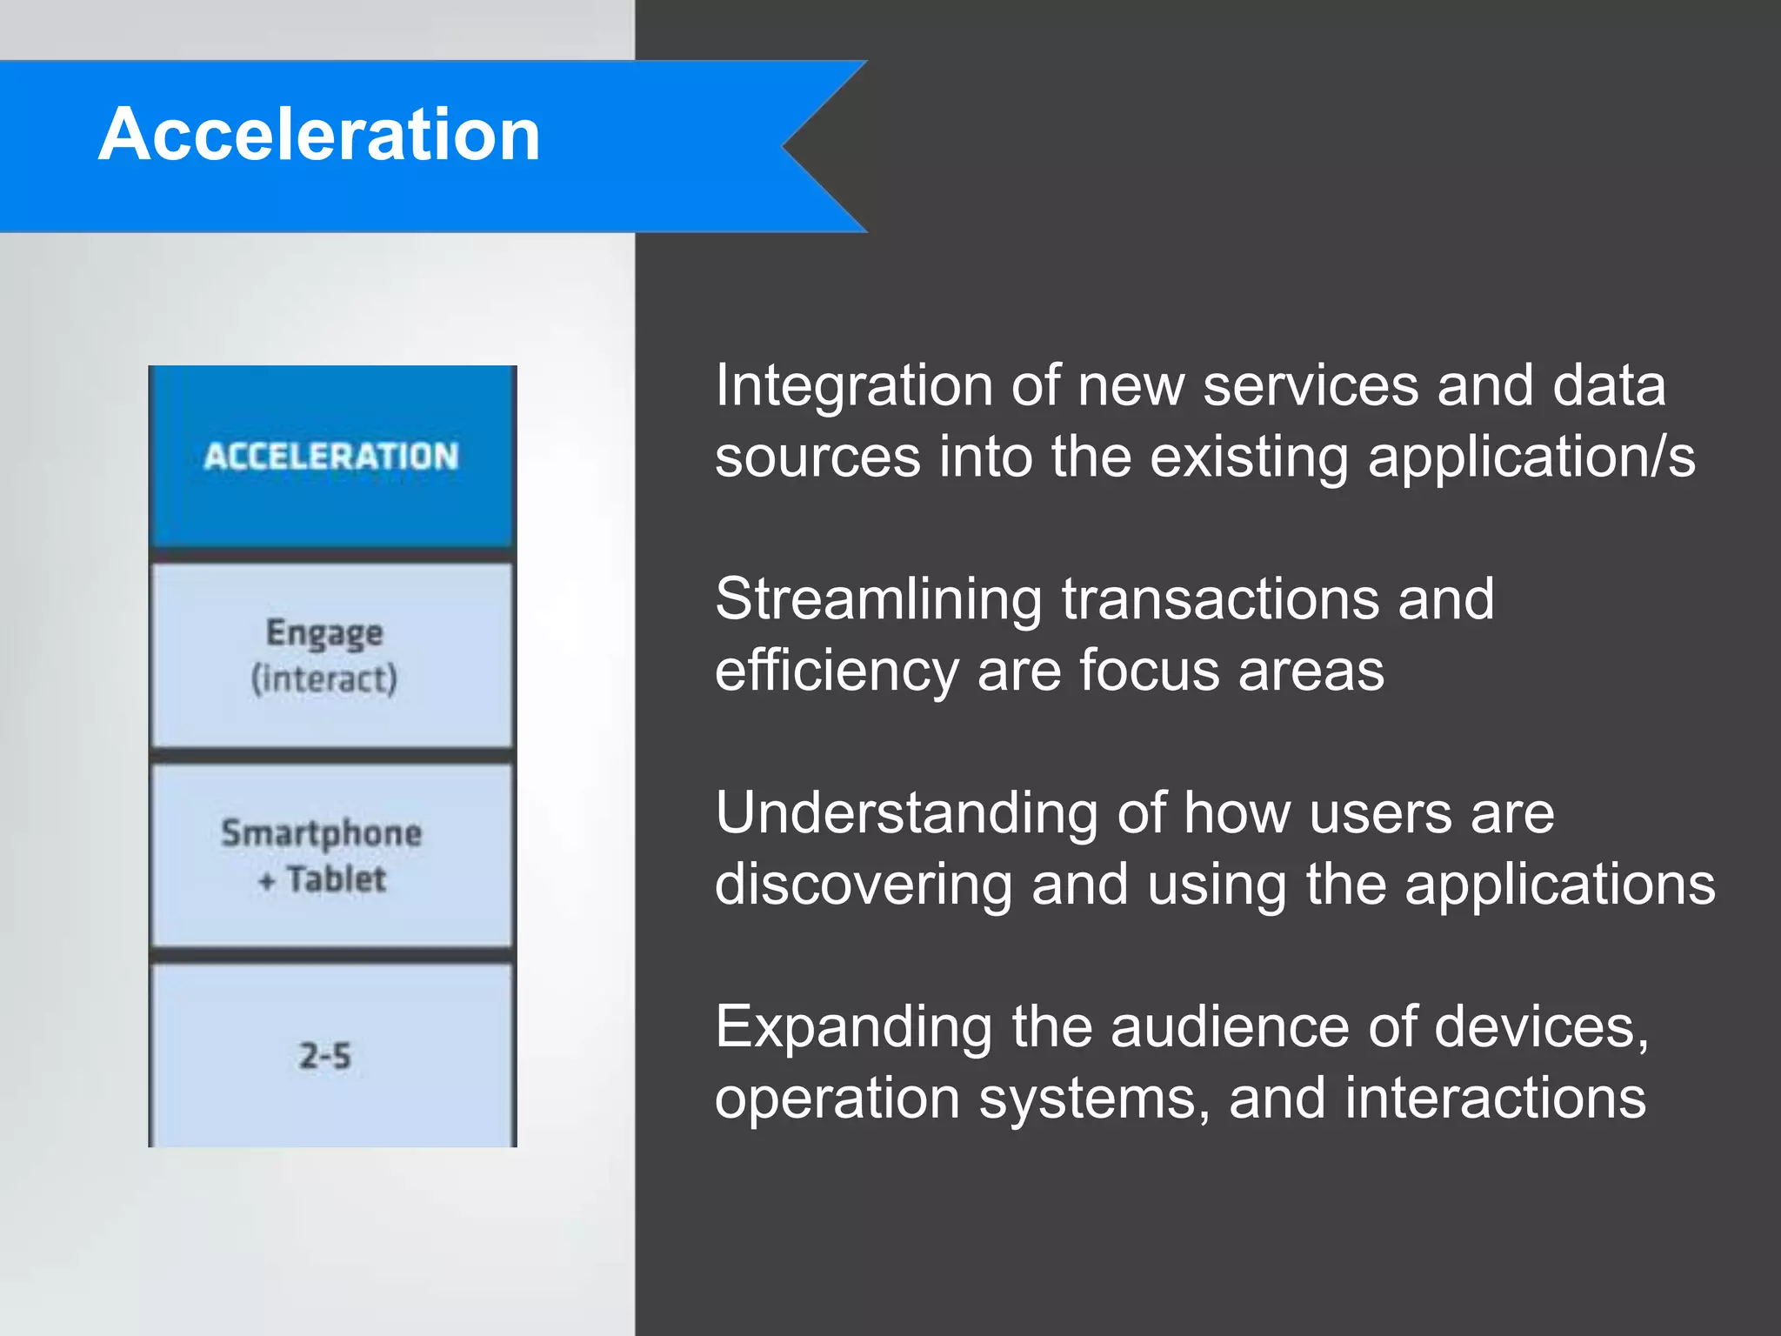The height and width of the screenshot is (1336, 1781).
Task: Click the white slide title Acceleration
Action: click(x=319, y=135)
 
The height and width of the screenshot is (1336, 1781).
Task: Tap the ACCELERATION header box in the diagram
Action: click(x=331, y=456)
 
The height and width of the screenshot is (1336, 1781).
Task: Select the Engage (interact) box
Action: click(x=331, y=655)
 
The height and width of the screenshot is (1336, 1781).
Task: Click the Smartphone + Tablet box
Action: click(x=331, y=856)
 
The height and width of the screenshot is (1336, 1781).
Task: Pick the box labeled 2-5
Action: click(x=331, y=1055)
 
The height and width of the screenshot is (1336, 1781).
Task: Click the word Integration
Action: click(x=853, y=385)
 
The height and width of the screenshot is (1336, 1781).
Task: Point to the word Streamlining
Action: click(x=878, y=599)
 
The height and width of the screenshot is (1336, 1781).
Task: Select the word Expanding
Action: click(x=853, y=1027)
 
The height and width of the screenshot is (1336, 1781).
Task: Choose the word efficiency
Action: click(x=836, y=671)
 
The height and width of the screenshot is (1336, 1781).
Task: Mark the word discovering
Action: click(x=864, y=885)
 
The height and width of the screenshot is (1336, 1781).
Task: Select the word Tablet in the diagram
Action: click(x=336, y=879)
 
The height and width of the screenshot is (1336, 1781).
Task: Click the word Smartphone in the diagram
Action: click(x=321, y=833)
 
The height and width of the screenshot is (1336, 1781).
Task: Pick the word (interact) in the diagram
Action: click(x=324, y=678)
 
